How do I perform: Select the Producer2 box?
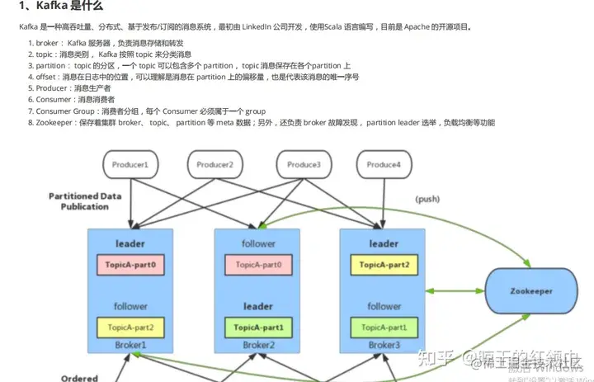click(x=215, y=165)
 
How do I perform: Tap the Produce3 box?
click(x=304, y=165)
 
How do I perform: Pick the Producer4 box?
click(x=384, y=165)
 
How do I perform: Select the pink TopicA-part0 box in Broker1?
click(x=132, y=265)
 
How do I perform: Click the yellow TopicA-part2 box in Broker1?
click(x=132, y=328)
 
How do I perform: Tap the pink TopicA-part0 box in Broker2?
click(x=258, y=265)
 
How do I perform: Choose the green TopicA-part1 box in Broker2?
click(x=258, y=328)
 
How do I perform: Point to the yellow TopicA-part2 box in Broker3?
click(x=384, y=265)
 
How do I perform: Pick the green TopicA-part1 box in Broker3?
click(x=384, y=328)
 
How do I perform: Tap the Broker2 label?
click(x=258, y=345)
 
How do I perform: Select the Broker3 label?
click(x=384, y=345)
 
